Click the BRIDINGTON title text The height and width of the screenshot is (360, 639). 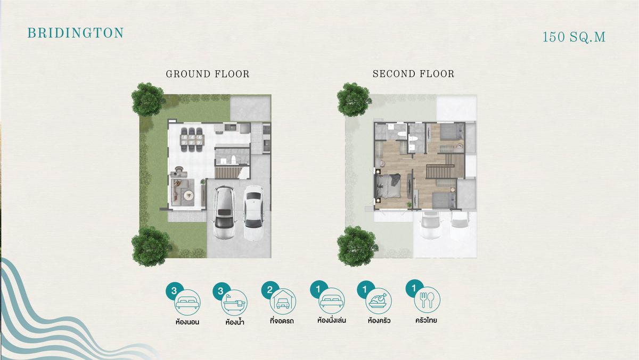75,33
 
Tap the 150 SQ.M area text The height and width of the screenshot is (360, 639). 574,37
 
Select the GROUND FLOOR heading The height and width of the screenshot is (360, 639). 208,74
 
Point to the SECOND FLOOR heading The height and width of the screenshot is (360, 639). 413,74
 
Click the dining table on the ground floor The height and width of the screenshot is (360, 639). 192,140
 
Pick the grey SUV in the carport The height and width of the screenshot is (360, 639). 225,212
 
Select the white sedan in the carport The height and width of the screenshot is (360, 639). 253,212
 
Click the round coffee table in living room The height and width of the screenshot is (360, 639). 189,195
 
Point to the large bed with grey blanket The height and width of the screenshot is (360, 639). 389,186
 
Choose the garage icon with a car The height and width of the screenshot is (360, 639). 283,302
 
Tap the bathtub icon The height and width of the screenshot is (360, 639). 234,302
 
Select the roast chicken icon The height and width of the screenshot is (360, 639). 379,301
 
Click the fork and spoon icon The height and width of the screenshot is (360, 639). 427,300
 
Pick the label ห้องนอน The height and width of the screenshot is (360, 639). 187,322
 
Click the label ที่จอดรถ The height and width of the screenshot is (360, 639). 282,321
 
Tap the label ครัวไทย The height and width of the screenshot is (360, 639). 426,321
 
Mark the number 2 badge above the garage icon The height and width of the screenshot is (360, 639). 270,290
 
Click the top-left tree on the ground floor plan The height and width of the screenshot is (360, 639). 148,99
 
